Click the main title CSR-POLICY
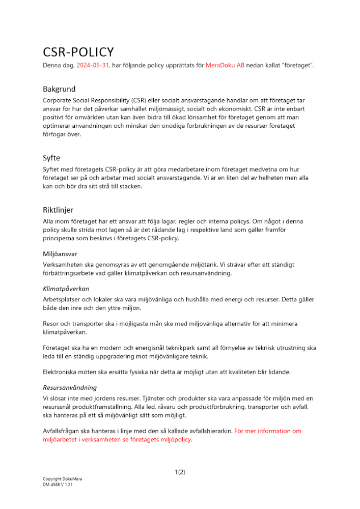78,52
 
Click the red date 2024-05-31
93,66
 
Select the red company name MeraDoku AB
225,66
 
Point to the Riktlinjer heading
58,209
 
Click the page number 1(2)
180,472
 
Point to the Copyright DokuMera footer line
62,479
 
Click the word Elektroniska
61,372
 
